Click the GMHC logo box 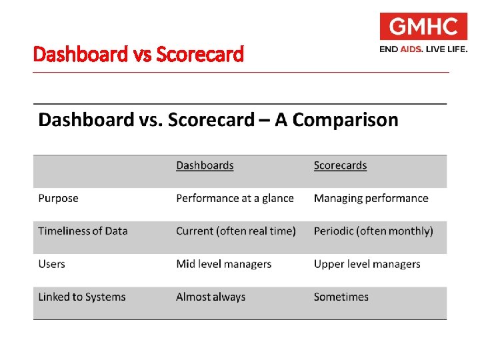pyautogui.click(x=423, y=27)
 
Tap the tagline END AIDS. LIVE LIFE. pyautogui.click(x=423, y=49)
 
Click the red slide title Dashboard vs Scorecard pyautogui.click(x=139, y=54)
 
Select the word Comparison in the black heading pyautogui.click(x=345, y=120)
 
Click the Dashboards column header pyautogui.click(x=205, y=165)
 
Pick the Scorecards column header pyautogui.click(x=340, y=165)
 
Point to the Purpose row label pyautogui.click(x=58, y=198)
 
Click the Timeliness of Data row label pyautogui.click(x=83, y=231)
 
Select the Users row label pyautogui.click(x=51, y=264)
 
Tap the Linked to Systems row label pyautogui.click(x=82, y=297)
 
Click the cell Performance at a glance pyautogui.click(x=235, y=198)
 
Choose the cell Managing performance pyautogui.click(x=371, y=198)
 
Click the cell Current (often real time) pyautogui.click(x=235, y=231)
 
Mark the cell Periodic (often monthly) pyautogui.click(x=373, y=231)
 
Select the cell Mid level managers pyautogui.click(x=223, y=264)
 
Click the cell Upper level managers pyautogui.click(x=367, y=264)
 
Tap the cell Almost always pyautogui.click(x=211, y=297)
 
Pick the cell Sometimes pyautogui.click(x=341, y=297)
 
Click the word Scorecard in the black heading pyautogui.click(x=211, y=120)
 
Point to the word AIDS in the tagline pyautogui.click(x=411, y=49)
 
